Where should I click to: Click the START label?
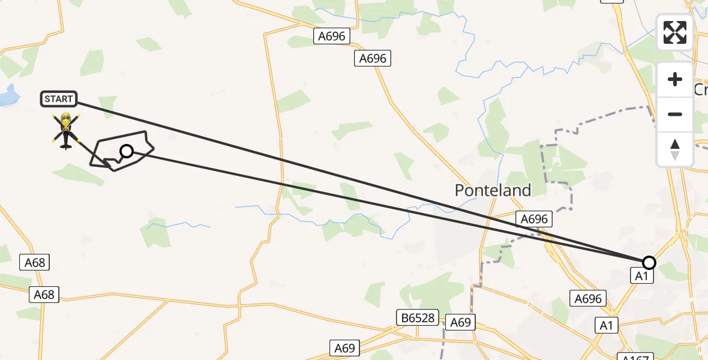[x=59, y=99]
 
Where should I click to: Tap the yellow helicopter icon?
[x=65, y=130]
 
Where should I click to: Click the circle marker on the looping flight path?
[x=127, y=151]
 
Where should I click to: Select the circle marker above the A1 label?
[x=649, y=263]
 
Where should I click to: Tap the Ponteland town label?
[x=493, y=191]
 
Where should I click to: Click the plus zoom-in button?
[x=675, y=80]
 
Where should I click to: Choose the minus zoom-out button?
[x=675, y=114]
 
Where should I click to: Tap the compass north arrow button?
[x=675, y=149]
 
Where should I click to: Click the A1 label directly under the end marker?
[x=641, y=276]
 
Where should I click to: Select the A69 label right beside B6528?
[x=460, y=323]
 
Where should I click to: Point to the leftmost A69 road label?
[x=345, y=348]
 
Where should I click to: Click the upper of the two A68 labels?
[x=35, y=262]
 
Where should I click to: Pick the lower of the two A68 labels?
[x=44, y=295]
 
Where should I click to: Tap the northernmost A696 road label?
[x=332, y=37]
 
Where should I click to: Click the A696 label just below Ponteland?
[x=534, y=219]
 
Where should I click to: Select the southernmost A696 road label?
[x=587, y=298]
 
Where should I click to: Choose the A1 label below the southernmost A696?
[x=606, y=325]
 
